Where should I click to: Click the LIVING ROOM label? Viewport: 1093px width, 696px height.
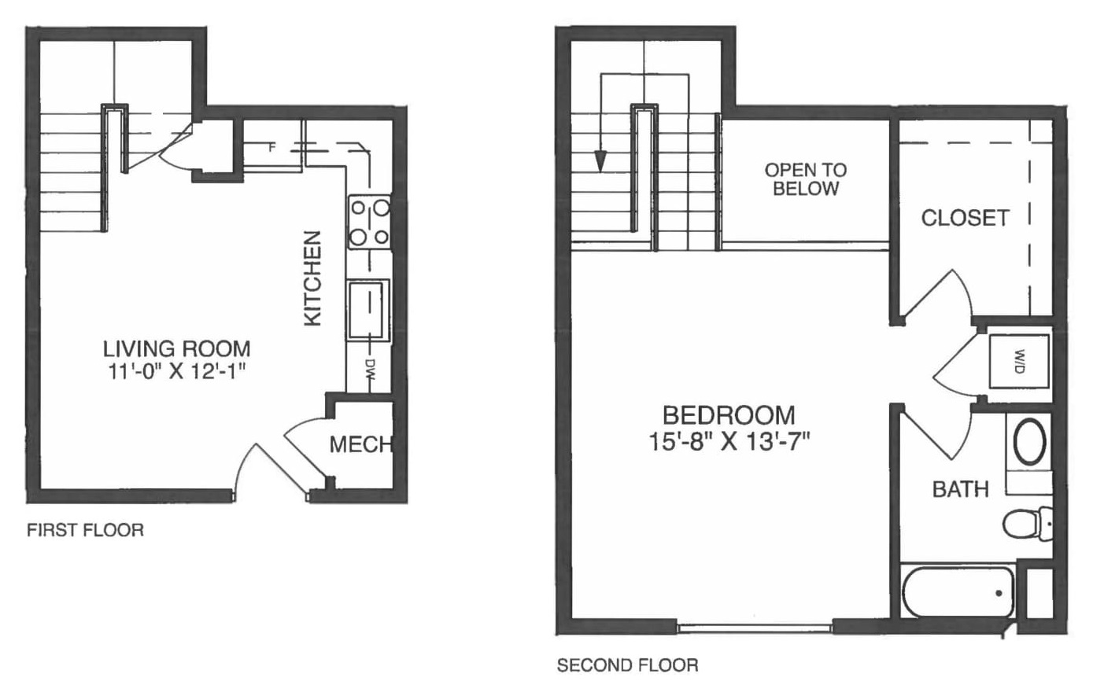tap(177, 348)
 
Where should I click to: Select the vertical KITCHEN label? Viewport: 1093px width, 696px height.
tap(313, 278)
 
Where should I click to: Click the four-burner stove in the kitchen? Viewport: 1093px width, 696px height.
tap(370, 223)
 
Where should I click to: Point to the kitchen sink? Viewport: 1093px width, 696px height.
tap(368, 309)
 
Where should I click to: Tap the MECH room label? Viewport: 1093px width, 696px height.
tap(360, 444)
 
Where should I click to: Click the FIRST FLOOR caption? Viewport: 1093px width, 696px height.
tap(85, 530)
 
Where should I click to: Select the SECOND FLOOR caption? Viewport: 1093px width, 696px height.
tap(627, 665)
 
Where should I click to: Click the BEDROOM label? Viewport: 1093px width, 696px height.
tap(729, 414)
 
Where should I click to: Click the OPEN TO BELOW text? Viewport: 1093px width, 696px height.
tap(806, 179)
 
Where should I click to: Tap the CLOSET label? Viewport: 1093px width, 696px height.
tap(965, 218)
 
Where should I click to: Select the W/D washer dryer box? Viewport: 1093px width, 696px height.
tap(1018, 361)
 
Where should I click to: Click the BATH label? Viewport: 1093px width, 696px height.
tap(960, 489)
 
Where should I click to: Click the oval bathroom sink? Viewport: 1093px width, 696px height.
tap(1029, 443)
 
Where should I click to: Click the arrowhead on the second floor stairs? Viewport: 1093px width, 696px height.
tap(601, 161)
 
